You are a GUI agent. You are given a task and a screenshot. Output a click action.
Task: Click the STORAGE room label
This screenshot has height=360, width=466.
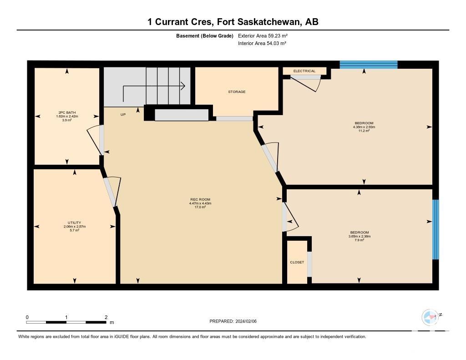[x=237, y=92]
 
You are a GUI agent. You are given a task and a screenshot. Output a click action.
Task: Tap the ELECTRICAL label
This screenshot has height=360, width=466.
[x=304, y=71]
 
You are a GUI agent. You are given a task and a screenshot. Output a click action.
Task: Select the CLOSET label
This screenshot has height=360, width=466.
[x=297, y=262]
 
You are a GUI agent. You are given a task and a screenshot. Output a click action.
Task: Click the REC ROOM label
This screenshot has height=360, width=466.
[x=200, y=199]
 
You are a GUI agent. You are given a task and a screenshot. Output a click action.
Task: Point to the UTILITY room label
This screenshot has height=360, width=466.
[x=74, y=223]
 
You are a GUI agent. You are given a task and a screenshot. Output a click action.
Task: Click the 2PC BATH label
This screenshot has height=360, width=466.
[x=67, y=112]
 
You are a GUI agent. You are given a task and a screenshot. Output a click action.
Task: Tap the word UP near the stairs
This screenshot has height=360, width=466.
[x=123, y=114]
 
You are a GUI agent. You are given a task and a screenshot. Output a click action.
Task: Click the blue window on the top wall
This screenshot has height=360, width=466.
[x=369, y=65]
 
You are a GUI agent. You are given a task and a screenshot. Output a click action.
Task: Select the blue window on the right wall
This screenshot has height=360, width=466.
[x=436, y=229]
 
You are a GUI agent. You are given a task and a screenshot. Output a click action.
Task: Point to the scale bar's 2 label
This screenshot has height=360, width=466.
[x=106, y=317]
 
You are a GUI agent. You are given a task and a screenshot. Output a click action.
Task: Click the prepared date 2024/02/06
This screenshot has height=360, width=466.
[x=246, y=321]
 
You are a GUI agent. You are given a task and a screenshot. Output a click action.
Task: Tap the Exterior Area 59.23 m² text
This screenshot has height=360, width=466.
[x=263, y=35]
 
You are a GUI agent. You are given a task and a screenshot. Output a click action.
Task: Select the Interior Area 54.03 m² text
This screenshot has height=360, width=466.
[x=262, y=43]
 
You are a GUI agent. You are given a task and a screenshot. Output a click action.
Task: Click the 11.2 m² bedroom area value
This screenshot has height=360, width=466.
[x=364, y=131]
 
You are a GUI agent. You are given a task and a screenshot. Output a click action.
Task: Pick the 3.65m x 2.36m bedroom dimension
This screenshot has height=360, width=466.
[x=360, y=236]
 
